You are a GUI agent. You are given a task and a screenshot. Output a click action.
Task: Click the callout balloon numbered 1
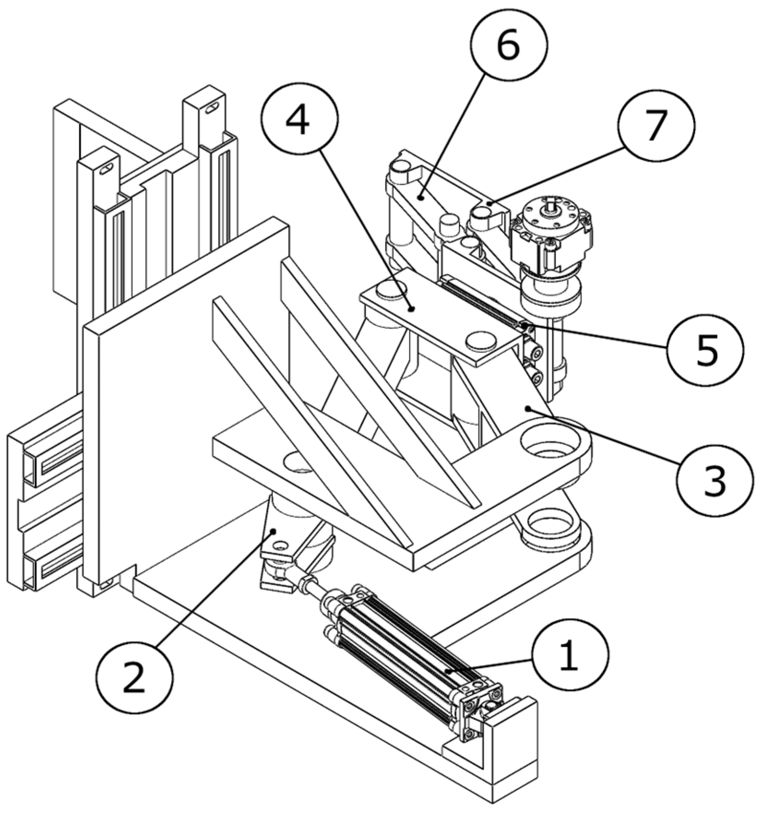pos(570,655)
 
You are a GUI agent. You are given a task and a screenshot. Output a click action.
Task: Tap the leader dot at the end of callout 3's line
pos(528,408)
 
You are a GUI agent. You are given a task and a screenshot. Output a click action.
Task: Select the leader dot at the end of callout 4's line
pos(411,308)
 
